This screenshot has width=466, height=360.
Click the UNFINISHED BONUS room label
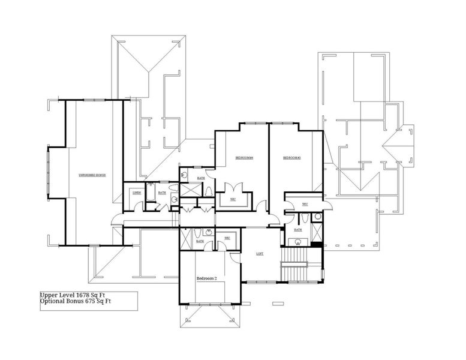point(92,175)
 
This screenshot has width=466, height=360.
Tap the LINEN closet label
point(137,193)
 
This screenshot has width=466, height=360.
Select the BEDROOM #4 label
point(244,158)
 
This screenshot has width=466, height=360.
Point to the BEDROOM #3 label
point(291,158)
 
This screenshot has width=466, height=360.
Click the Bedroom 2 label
point(207,279)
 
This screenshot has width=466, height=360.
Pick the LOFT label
point(260,254)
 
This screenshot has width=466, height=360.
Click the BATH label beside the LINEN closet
point(162,193)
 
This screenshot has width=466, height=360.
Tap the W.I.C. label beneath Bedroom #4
point(233,199)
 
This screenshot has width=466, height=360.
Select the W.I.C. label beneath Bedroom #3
point(305,205)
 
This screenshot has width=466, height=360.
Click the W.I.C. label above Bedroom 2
point(227,238)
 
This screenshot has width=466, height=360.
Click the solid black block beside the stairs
point(316,244)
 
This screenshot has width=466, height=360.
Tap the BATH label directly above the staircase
point(297,230)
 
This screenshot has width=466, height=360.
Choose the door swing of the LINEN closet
point(138,207)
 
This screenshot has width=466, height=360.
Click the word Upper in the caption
point(49,295)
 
